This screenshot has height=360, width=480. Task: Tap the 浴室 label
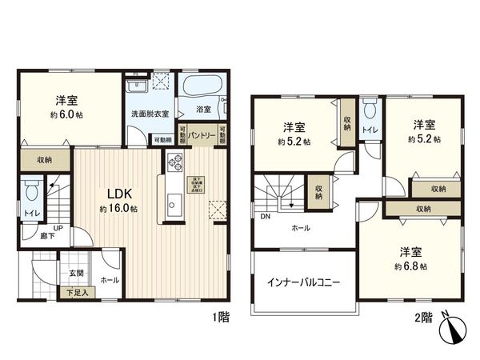click(203, 109)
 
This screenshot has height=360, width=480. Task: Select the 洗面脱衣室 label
click(150, 114)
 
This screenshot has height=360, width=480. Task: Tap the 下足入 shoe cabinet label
click(77, 293)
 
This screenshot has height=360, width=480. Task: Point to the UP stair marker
click(58, 227)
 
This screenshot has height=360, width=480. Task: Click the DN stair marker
click(264, 215)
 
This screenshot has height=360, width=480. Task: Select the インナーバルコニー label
click(303, 283)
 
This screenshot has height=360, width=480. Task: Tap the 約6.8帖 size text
click(413, 266)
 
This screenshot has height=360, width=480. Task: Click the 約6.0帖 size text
click(66, 114)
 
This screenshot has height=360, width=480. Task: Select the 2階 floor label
click(423, 318)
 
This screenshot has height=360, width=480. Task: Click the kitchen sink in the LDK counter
click(173, 206)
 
